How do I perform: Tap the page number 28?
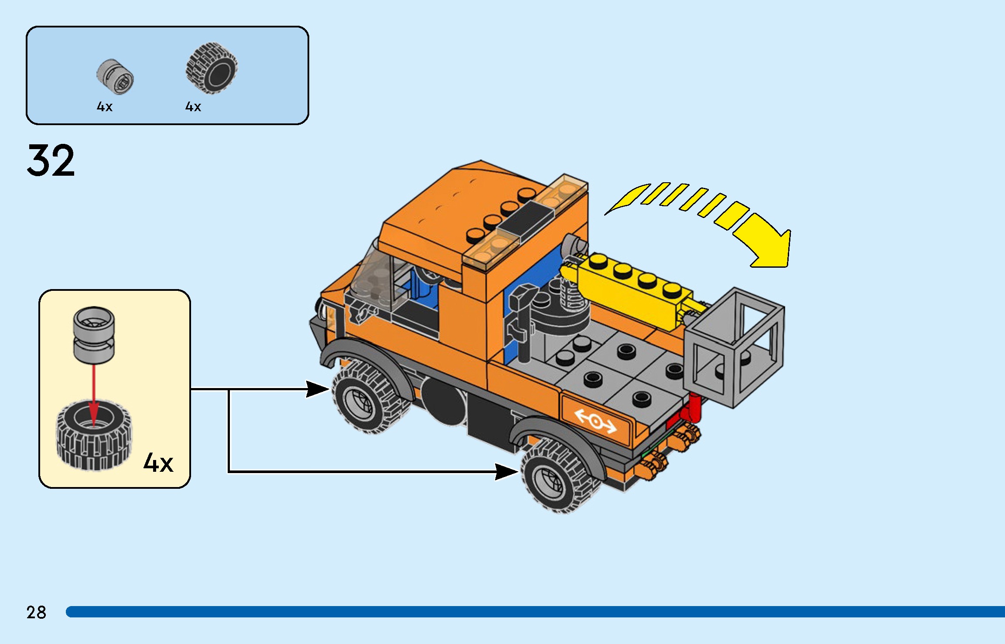coord(36,612)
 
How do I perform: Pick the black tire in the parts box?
coord(212,68)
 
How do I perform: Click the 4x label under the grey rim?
coord(105,107)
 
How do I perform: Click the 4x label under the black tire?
coord(193,107)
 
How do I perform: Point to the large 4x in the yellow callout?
coord(158,463)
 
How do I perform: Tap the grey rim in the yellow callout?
coord(94,334)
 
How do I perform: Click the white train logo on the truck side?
coord(595,421)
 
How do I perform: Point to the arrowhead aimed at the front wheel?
coord(318,389)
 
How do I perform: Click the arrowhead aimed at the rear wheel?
coord(507,471)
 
